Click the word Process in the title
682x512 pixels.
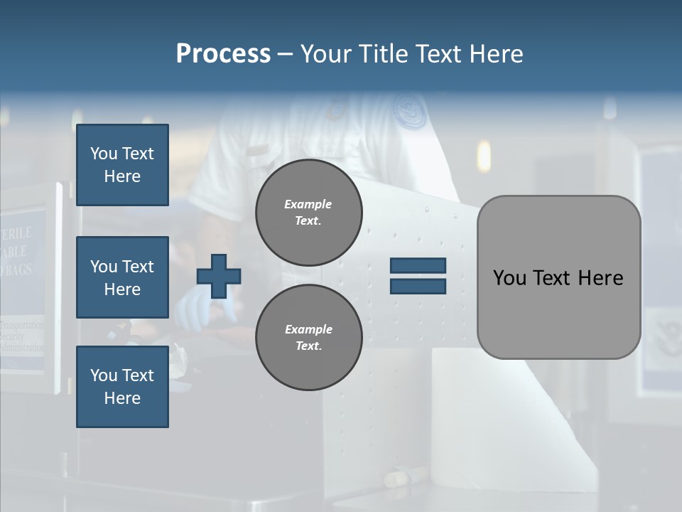click(x=223, y=54)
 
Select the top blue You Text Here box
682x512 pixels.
click(x=122, y=165)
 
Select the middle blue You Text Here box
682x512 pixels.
click(x=122, y=277)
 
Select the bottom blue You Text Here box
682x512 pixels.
click(x=122, y=387)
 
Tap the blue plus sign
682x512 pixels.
click(x=219, y=276)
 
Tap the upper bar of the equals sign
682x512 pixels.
click(x=418, y=266)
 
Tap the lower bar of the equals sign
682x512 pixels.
click(x=418, y=286)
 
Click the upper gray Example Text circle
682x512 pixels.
click(x=308, y=212)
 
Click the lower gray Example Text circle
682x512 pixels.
click(x=308, y=337)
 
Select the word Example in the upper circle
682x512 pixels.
click(x=308, y=204)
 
